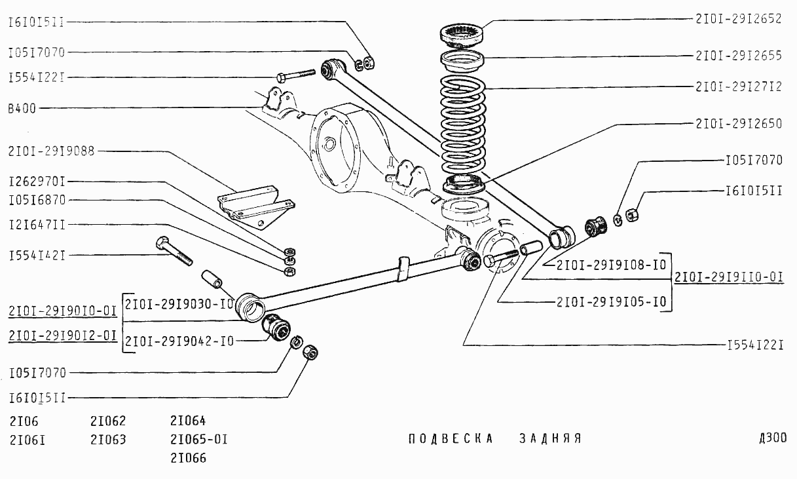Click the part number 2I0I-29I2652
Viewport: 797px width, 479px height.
[x=738, y=19]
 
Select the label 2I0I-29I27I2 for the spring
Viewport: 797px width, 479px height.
[x=738, y=86]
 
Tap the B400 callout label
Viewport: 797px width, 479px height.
[x=22, y=108]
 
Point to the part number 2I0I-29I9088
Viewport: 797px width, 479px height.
[x=52, y=151]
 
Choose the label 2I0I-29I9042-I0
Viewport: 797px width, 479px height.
[x=179, y=341]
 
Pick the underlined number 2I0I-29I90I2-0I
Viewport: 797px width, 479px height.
[x=63, y=335]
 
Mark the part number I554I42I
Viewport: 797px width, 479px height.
[x=37, y=254]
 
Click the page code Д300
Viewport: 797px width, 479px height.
[x=773, y=438]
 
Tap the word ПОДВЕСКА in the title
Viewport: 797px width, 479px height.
[x=450, y=438]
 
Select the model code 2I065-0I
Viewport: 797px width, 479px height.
[x=198, y=438]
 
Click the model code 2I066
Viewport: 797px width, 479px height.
[x=188, y=457]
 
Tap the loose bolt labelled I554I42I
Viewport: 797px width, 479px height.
[x=174, y=252]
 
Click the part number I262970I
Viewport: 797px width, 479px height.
[x=37, y=181]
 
